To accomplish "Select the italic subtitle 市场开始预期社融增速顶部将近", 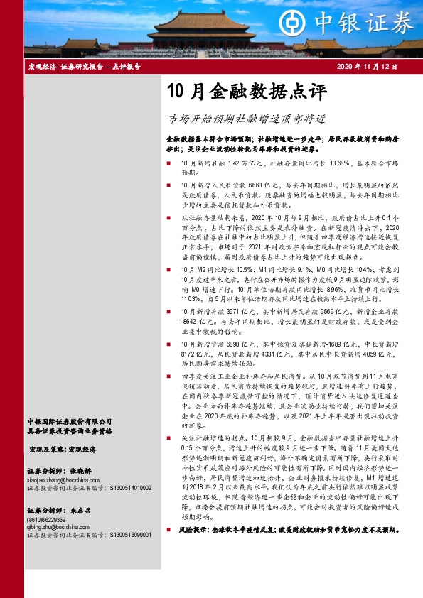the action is [x=246, y=119].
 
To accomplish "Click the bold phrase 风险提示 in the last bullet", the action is [x=193, y=530].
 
